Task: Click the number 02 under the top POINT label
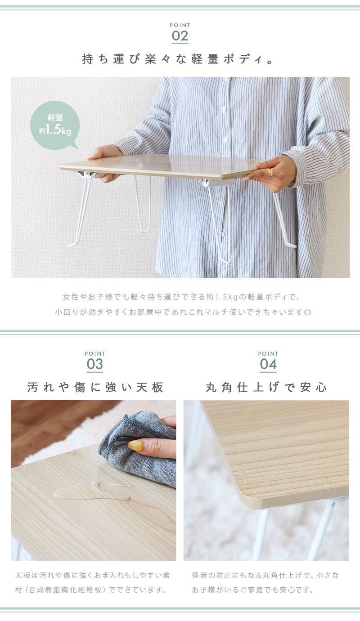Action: [x=180, y=36]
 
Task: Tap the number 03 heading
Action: [x=94, y=364]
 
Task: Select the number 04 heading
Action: [x=268, y=364]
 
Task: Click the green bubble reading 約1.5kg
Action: [x=55, y=125]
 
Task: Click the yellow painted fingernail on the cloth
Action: [x=135, y=446]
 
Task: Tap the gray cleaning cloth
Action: [x=139, y=449]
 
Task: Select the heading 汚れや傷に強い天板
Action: [x=95, y=387]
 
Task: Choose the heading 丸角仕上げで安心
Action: [x=266, y=387]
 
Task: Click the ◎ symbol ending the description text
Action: [x=308, y=312]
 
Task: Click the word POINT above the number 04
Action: [x=268, y=354]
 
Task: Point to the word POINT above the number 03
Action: [x=95, y=354]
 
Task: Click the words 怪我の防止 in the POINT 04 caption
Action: [x=207, y=575]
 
